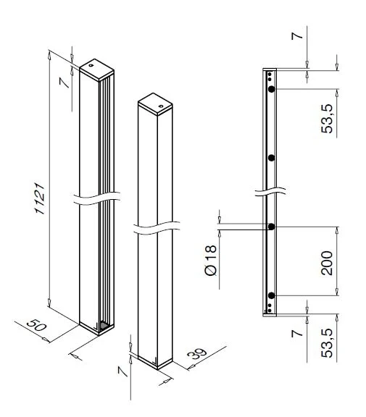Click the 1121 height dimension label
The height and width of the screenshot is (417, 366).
(x=40, y=198)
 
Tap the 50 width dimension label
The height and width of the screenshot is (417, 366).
(x=37, y=325)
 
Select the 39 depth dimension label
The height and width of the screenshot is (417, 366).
(x=197, y=354)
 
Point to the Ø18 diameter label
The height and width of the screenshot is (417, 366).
(x=211, y=261)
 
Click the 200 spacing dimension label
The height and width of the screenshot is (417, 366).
(x=327, y=263)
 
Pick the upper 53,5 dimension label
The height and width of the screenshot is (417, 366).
(x=327, y=119)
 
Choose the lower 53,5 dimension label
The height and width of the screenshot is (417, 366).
(x=327, y=343)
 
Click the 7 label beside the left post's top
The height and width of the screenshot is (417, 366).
(x=65, y=83)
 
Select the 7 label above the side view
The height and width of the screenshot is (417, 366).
(x=297, y=35)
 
